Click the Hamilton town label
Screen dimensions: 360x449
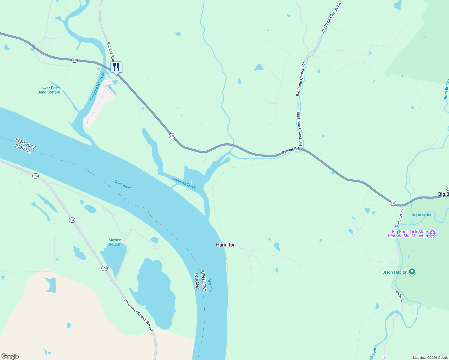click(226, 245)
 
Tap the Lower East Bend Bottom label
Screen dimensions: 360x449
click(49, 90)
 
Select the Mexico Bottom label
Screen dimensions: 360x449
click(115, 242)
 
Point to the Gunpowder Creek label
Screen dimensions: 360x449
click(98, 86)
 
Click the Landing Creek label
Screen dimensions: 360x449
click(184, 183)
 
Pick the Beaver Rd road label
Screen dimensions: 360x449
click(290, 151)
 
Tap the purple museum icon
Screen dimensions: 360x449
click(432, 233)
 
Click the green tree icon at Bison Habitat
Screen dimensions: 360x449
click(412, 272)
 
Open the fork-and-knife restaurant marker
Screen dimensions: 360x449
click(116, 67)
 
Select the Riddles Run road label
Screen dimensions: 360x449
click(110, 52)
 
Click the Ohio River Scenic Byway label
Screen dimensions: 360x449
click(139, 315)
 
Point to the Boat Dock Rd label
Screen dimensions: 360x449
click(399, 218)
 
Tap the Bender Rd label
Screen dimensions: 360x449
click(399, 295)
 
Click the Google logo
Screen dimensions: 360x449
click(10, 356)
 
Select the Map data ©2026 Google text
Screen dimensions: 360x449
click(430, 358)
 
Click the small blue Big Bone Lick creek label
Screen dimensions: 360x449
click(422, 215)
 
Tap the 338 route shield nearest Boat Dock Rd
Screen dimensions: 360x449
click(393, 203)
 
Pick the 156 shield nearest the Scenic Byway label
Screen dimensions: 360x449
click(104, 268)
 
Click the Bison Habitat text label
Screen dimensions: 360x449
click(395, 272)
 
